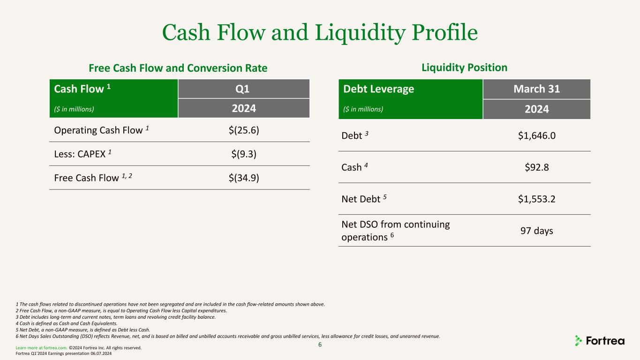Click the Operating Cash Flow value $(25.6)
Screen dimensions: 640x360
(x=244, y=130)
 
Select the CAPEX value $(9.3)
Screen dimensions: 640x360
(x=244, y=154)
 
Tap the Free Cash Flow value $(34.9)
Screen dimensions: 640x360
(x=244, y=178)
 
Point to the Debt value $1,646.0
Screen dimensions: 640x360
(x=536, y=135)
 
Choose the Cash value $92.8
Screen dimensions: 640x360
(x=536, y=167)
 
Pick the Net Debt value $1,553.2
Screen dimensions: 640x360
(x=536, y=199)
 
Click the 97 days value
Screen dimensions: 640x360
(x=536, y=231)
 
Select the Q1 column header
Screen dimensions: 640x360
(x=242, y=89)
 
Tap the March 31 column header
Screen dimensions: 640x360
(x=536, y=89)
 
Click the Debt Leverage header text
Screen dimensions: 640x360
(x=378, y=89)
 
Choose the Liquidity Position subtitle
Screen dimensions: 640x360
(x=464, y=67)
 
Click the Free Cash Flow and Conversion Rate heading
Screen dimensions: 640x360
(x=178, y=68)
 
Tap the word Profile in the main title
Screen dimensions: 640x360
(x=444, y=32)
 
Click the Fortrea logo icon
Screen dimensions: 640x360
(x=578, y=341)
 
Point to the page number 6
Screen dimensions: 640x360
(x=320, y=345)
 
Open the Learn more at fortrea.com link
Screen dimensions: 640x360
(x=41, y=348)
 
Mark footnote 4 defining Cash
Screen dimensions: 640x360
(x=67, y=323)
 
